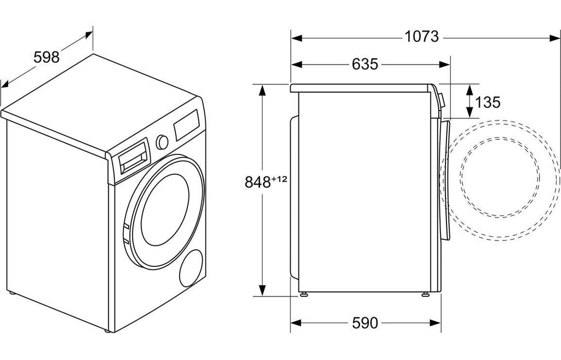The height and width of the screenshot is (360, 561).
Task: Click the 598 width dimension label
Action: tap(47, 57)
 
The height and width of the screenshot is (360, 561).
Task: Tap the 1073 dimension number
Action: tap(421, 37)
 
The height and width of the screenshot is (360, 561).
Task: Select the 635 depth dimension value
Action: tap(365, 65)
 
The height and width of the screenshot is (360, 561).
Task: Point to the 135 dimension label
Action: tap(487, 102)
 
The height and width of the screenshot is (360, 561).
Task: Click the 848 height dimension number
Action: tap(257, 182)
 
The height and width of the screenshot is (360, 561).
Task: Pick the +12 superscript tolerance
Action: tap(279, 179)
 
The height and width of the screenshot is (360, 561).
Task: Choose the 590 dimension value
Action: tap(365, 323)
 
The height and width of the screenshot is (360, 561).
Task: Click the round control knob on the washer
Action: tap(162, 142)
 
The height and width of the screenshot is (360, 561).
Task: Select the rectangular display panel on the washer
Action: tap(187, 125)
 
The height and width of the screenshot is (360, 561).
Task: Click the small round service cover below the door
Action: tap(191, 268)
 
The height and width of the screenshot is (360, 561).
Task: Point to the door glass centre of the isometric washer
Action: tap(165, 210)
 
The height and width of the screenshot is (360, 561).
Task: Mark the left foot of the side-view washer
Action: tap(304, 294)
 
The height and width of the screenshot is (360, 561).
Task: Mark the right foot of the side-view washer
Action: tap(425, 294)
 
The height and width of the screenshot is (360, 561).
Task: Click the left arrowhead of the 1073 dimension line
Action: tap(297, 37)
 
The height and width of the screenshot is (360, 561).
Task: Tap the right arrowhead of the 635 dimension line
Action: tap(444, 65)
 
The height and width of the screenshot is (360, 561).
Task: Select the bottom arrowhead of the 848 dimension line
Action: tap(262, 290)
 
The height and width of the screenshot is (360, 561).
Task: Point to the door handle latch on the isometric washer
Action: tap(126, 233)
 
